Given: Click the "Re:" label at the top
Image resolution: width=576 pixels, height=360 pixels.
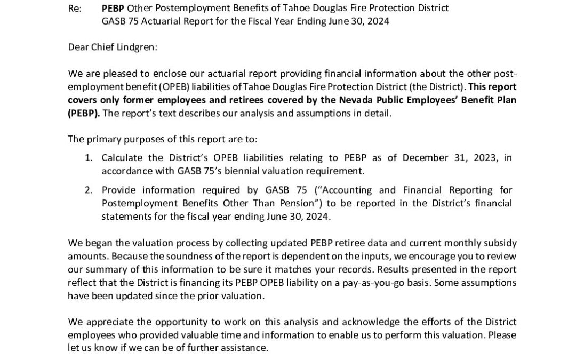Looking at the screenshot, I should pyautogui.click(x=75, y=9).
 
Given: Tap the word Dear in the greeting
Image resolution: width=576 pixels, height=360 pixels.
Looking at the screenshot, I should pyautogui.click(x=78, y=46).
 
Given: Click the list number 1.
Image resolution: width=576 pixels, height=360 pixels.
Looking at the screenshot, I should pyautogui.click(x=89, y=158).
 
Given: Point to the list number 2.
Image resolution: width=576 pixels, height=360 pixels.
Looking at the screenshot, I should pyautogui.click(x=89, y=190).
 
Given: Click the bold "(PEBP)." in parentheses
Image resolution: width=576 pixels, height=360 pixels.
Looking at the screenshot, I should pyautogui.click(x=84, y=113).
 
